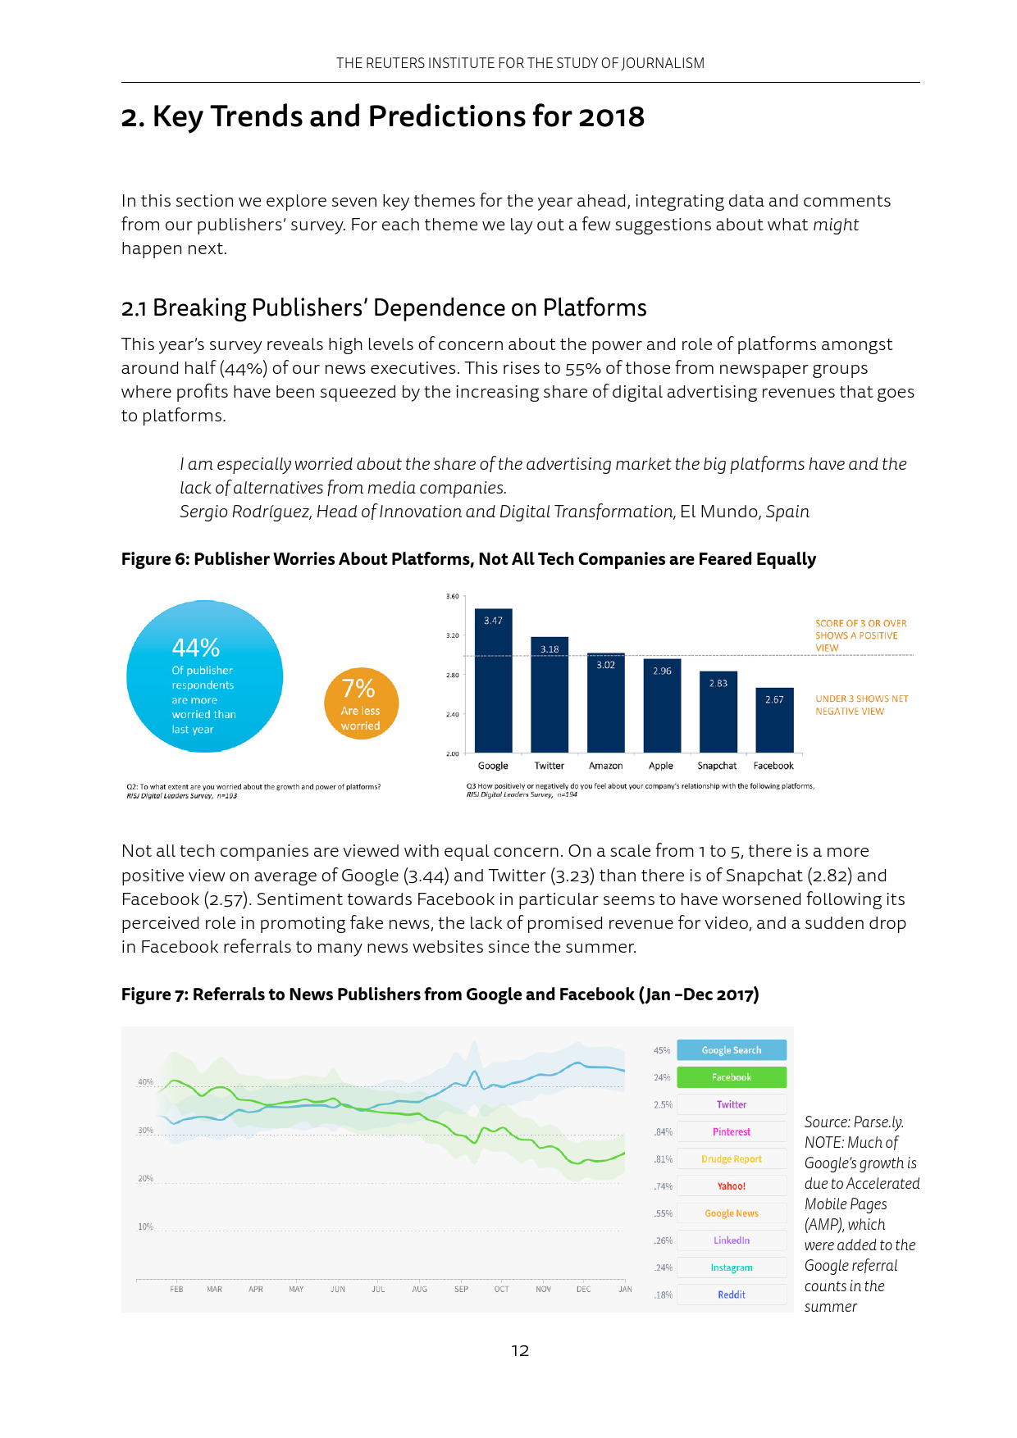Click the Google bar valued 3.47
point(493,680)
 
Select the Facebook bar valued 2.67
point(774,720)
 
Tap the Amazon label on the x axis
point(605,766)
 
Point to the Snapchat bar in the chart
point(718,712)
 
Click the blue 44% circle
point(204,676)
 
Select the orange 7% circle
point(361,703)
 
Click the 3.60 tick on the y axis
point(452,596)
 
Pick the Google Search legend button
point(731,1050)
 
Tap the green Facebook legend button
point(731,1077)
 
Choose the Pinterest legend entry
point(731,1132)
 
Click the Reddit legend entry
point(731,1295)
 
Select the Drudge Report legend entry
point(731,1159)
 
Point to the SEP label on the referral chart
point(461,1289)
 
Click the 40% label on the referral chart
point(145,1082)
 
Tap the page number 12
point(520,1350)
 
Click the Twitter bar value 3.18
point(550,649)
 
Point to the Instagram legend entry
point(731,1267)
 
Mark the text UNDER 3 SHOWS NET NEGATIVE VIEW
point(861,705)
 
